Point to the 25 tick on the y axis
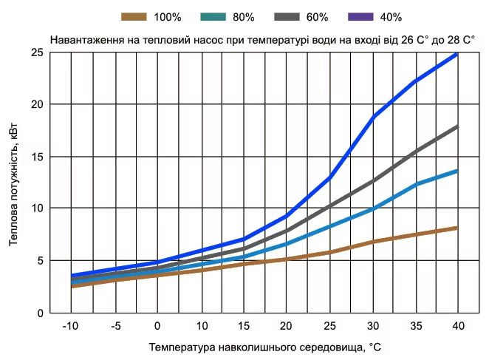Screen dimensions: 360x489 36,52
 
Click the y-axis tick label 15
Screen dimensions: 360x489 36,157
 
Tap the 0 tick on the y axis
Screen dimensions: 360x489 39,313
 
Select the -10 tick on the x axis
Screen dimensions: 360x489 70,325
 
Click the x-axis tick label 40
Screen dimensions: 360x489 458,325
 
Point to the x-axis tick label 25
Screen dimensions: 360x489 329,325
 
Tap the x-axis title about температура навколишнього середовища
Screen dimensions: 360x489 264,346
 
